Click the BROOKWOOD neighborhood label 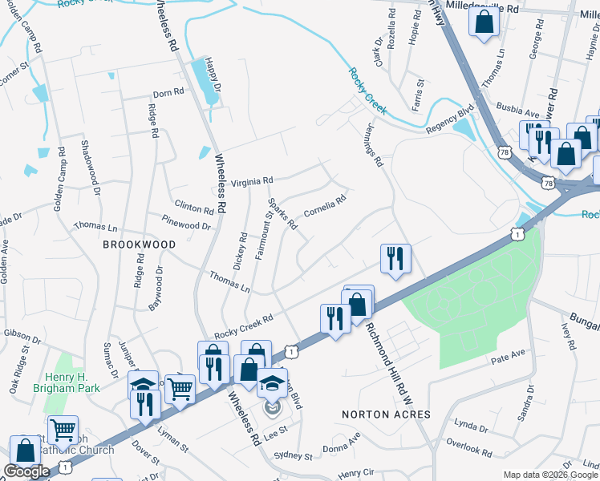(x=138, y=243)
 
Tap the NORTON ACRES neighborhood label (x=386, y=414)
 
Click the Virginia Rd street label (x=252, y=182)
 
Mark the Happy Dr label (x=211, y=77)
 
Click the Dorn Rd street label (x=168, y=94)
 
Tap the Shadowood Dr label (x=90, y=169)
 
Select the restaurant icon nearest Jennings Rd (x=395, y=259)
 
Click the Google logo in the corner (x=27, y=471)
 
